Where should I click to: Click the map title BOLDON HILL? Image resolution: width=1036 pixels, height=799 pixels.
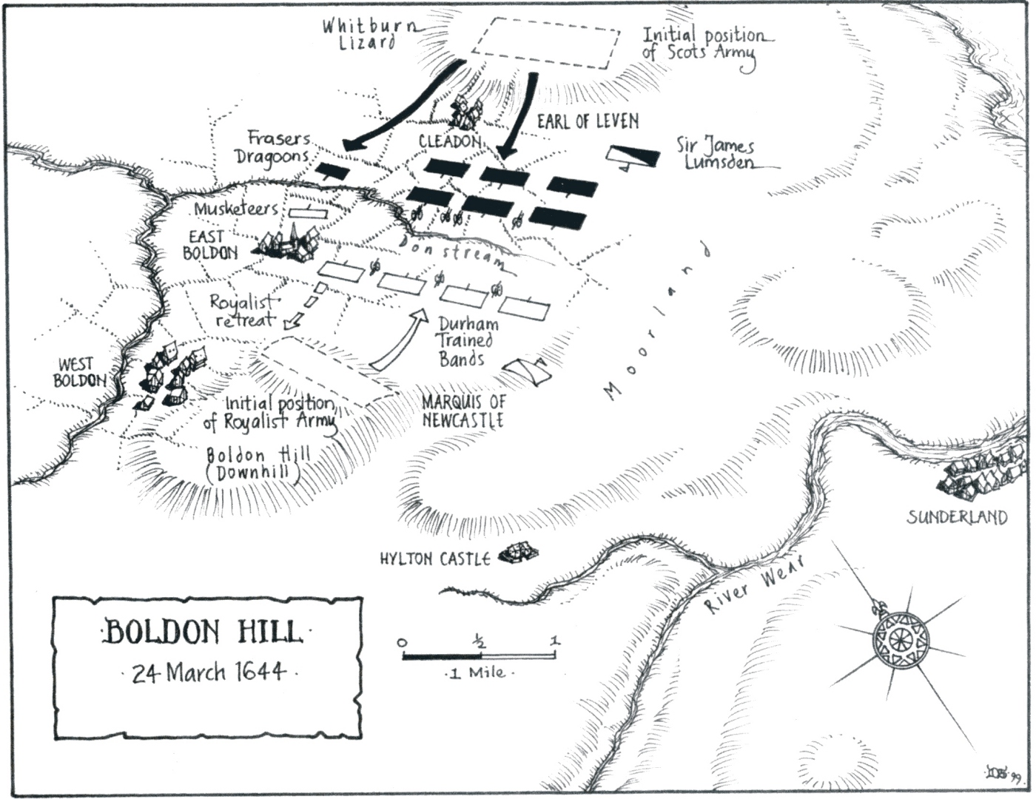click(203, 633)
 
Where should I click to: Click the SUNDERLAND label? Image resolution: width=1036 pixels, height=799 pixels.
click(957, 516)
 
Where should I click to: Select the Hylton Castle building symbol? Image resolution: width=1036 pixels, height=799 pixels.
click(518, 553)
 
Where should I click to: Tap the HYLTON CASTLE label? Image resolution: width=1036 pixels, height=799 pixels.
click(434, 559)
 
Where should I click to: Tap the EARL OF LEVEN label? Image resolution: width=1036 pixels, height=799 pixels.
click(588, 121)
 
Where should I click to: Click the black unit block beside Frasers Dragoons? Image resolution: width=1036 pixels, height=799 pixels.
click(331, 172)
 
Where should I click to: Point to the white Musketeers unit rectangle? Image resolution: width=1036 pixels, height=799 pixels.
click(307, 212)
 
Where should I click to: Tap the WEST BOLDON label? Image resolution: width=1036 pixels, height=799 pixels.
click(79, 373)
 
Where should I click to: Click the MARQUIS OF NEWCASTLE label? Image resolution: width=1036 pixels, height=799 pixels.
click(462, 411)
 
